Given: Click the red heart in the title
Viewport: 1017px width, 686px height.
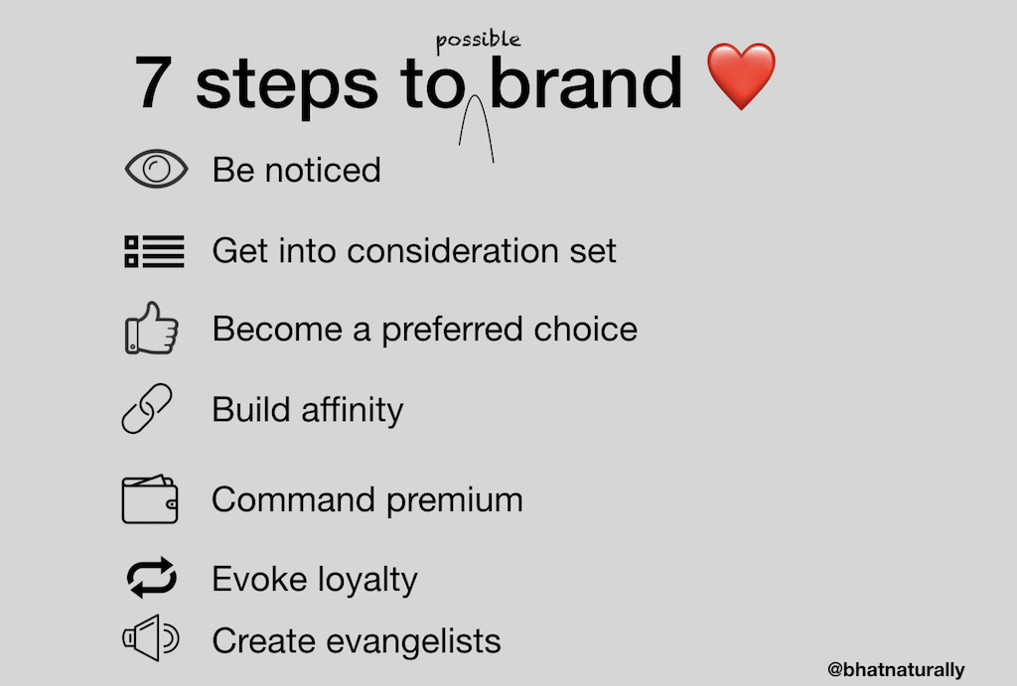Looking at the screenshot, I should click(x=741, y=76).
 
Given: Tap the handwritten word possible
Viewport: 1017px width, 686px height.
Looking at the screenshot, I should click(x=478, y=41).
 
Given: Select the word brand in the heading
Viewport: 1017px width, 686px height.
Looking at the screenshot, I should click(x=586, y=83).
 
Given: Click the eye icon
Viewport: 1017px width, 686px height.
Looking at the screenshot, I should click(x=155, y=169).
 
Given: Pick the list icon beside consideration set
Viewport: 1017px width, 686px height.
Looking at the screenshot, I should click(x=154, y=250).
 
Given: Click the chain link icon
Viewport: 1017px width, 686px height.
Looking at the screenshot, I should click(x=147, y=409).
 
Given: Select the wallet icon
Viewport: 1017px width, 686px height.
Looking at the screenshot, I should click(x=150, y=499).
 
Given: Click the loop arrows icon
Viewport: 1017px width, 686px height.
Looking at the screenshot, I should click(x=152, y=578).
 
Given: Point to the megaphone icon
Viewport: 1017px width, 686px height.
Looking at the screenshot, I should click(x=150, y=640).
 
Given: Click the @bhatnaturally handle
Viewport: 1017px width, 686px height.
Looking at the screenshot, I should click(x=895, y=670).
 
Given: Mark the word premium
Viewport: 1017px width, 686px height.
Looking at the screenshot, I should click(x=455, y=499).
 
